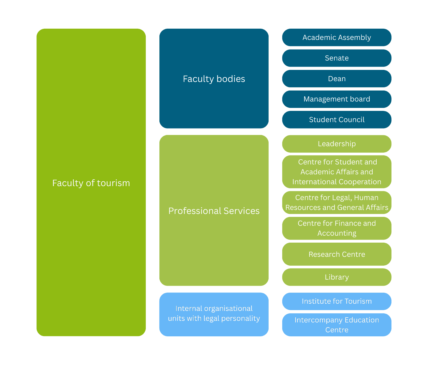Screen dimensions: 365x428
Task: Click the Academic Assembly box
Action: click(337, 37)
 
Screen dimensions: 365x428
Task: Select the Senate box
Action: click(337, 58)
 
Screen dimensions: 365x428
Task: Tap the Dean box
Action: click(337, 79)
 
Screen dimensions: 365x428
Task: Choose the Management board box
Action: click(337, 99)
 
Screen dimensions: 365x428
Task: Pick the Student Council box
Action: click(337, 120)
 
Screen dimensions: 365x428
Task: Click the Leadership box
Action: click(337, 144)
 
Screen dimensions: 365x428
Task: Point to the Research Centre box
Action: click(337, 254)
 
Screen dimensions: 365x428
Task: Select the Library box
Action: click(337, 277)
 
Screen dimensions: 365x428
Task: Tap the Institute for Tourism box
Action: click(337, 301)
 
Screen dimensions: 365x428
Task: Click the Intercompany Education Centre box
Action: click(337, 325)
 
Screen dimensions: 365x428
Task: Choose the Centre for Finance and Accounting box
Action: click(337, 228)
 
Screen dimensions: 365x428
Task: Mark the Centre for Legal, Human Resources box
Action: click(337, 202)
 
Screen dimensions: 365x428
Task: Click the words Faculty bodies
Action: click(214, 79)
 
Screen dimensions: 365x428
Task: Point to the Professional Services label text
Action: click(214, 211)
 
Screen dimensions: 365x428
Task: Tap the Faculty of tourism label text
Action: click(91, 183)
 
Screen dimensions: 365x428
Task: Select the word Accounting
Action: click(337, 233)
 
